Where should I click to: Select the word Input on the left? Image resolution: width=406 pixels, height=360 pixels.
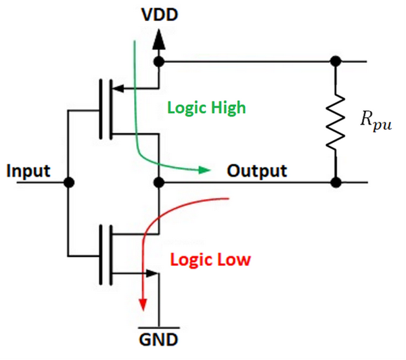[28, 171]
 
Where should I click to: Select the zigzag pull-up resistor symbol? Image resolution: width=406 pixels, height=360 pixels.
[335, 122]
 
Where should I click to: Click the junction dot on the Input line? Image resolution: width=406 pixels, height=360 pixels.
[68, 183]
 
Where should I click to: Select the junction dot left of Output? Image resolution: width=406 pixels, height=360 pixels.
[159, 183]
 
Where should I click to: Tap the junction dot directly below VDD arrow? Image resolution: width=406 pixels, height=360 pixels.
[159, 62]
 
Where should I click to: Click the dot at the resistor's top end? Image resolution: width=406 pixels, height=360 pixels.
[335, 62]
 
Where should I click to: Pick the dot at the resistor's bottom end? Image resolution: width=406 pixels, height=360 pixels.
[335, 183]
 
